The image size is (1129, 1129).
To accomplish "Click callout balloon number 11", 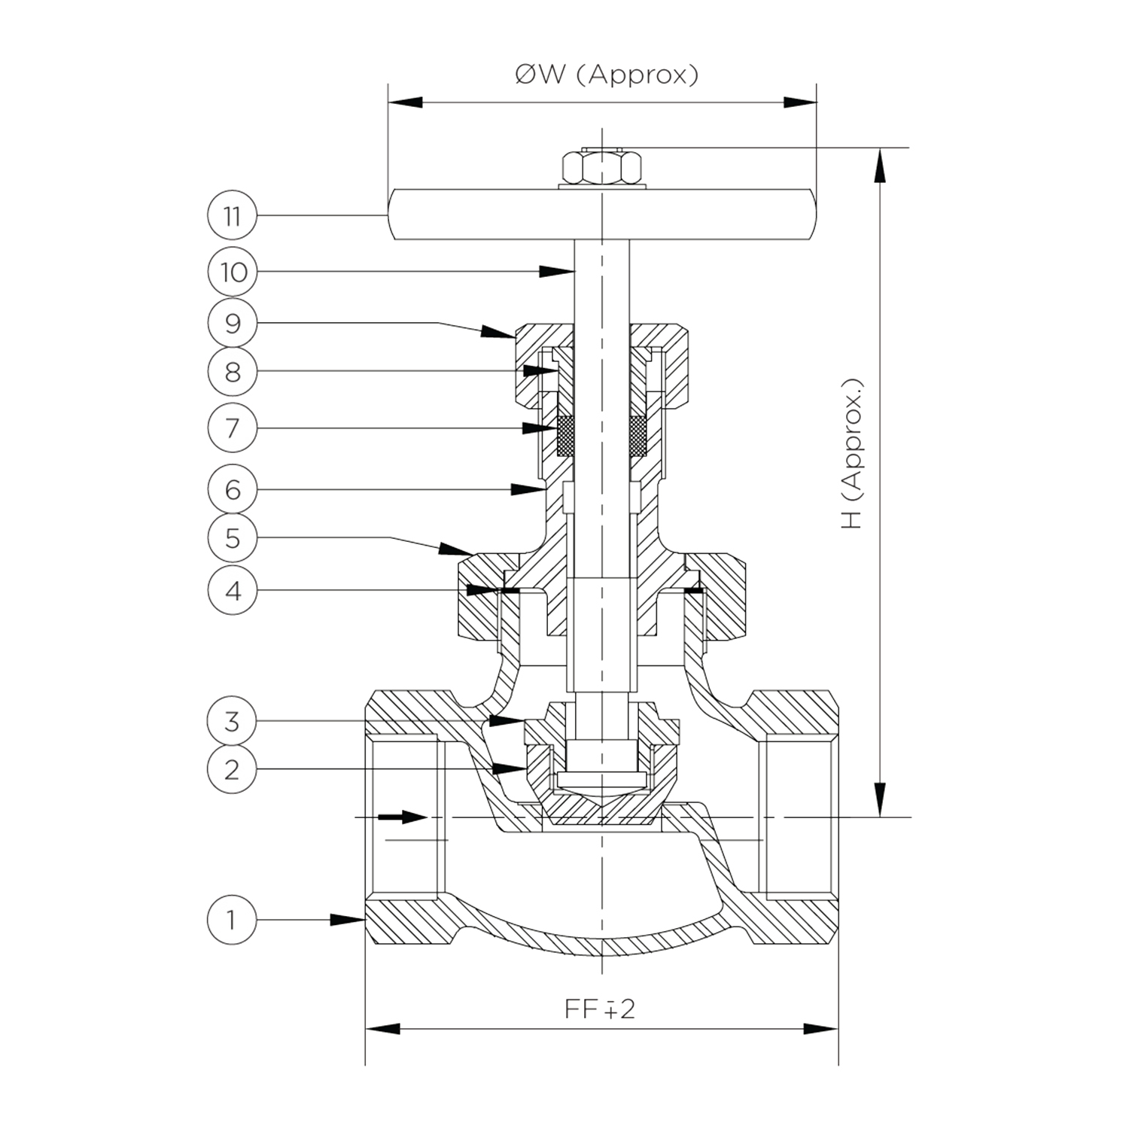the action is (233, 216).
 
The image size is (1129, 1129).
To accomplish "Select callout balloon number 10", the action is (233, 272).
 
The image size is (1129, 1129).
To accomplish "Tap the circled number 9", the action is (233, 323).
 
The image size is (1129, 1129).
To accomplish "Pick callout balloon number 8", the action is (233, 371).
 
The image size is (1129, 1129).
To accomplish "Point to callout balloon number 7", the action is (233, 428).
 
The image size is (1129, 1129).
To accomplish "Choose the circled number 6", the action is (233, 489).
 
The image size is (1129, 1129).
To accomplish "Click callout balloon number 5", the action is (233, 538).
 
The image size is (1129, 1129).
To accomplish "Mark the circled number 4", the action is (233, 590).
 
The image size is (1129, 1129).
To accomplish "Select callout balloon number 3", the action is (232, 721).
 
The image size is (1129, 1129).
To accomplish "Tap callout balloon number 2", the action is (232, 769).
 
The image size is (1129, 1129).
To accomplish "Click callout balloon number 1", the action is (232, 919).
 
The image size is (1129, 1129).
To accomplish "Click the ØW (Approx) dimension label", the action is (607, 75).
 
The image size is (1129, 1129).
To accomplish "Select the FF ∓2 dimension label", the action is (600, 1009).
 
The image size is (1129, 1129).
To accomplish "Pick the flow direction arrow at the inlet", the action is (402, 817).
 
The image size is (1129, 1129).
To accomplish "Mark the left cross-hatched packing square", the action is (564, 437).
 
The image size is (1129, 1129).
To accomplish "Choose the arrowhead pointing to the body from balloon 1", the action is (348, 919).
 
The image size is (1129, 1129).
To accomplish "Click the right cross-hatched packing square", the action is (638, 437).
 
